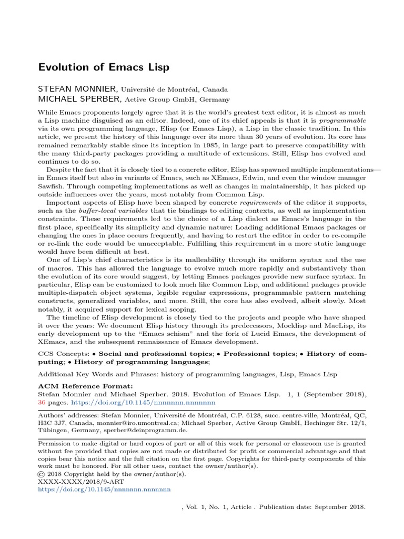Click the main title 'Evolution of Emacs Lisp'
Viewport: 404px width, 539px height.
coord(103,68)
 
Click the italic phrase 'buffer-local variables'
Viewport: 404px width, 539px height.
coord(107,211)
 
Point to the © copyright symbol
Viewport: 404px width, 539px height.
coord(42,474)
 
